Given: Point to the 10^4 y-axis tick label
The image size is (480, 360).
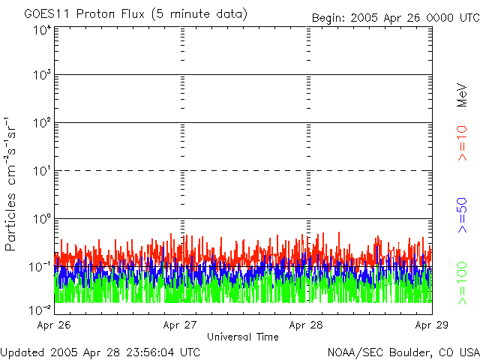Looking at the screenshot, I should pos(42,29).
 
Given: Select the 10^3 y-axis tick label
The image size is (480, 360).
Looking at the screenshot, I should pos(42,75).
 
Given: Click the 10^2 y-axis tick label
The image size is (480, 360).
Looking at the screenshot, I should pos(42,123).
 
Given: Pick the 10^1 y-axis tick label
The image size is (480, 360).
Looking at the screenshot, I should pos(42,171).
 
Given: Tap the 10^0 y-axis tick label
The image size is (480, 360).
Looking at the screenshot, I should pos(42,219).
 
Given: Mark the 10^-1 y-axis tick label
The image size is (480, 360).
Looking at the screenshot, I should pos(40,266).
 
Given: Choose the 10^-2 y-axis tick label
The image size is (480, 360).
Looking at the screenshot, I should pos(40,309).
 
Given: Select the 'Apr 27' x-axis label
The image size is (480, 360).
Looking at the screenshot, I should pos(180,325).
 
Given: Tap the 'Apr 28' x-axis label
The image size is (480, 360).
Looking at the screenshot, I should pos(307,325).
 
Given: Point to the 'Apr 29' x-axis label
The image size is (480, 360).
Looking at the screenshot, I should pos(431,325).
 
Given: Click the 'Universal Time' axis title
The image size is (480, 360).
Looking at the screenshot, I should pos(243,337).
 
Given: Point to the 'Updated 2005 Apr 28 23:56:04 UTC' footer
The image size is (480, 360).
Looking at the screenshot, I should pos(100,351).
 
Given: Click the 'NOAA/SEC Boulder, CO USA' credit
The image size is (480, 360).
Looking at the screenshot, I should pos(403,351).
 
